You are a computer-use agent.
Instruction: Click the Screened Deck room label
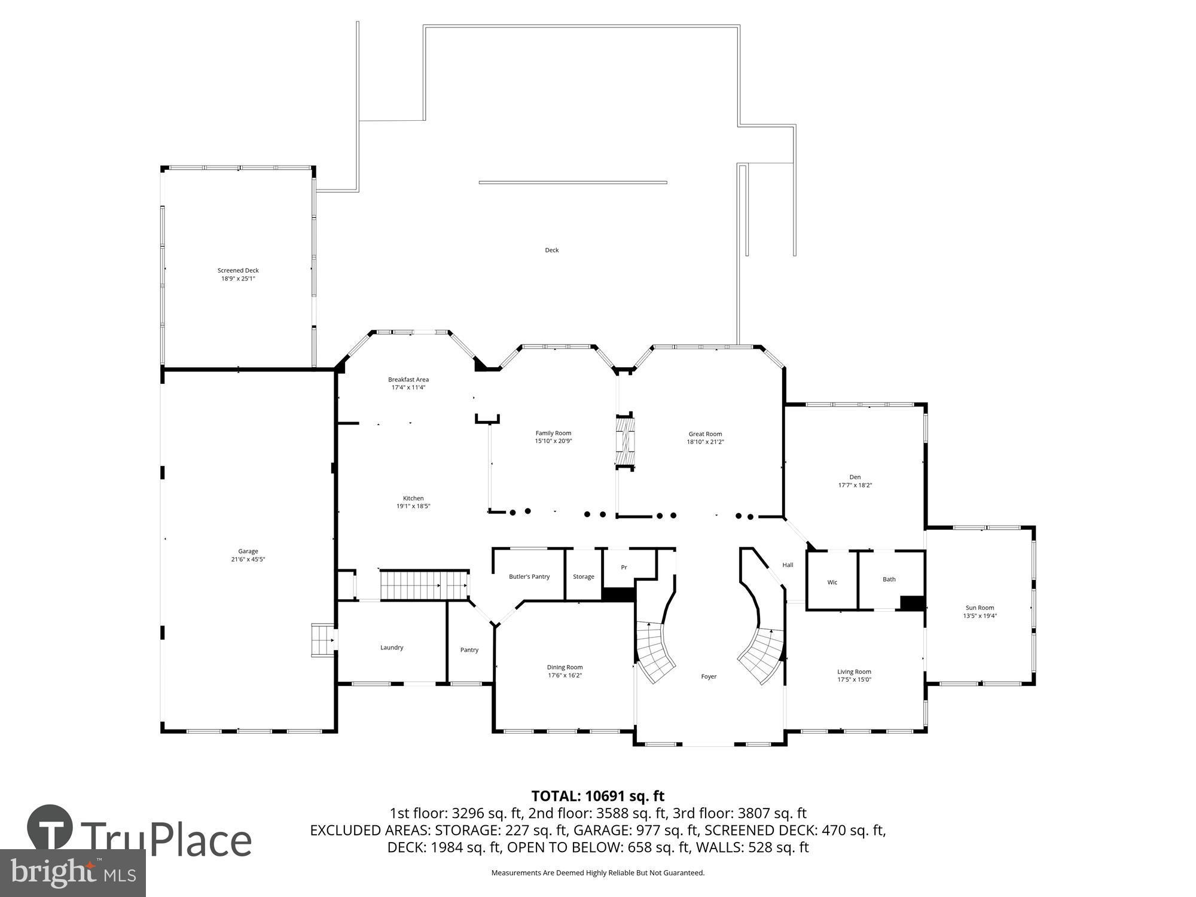238,270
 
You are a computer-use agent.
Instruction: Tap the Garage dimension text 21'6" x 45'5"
248,560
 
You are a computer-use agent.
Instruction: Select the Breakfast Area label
408,379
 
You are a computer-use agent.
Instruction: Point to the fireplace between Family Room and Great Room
624,441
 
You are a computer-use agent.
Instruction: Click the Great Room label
705,434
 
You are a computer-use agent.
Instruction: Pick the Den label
855,477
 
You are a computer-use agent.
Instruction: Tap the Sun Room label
980,608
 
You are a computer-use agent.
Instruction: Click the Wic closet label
832,582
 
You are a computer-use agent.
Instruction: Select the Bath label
889,579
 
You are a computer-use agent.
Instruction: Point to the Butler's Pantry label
529,576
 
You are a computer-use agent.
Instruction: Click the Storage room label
584,576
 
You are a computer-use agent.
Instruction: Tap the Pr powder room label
624,567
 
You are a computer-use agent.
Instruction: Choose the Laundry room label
392,647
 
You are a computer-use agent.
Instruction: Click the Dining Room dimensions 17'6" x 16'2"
565,675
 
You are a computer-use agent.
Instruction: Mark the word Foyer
709,676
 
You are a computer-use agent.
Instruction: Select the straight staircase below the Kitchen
425,585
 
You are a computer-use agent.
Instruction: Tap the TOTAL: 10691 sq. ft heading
597,796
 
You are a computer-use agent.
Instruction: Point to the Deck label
551,250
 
